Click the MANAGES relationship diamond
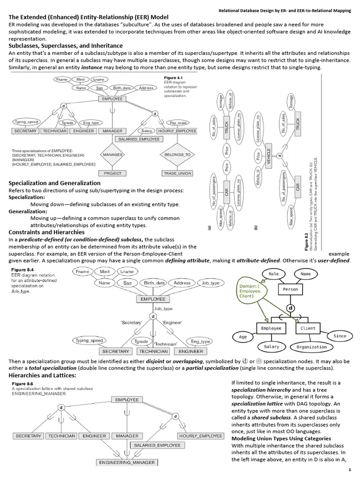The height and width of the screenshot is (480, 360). point(112,154)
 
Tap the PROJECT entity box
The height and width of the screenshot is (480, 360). point(112,173)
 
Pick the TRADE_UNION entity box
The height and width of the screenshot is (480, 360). point(178,173)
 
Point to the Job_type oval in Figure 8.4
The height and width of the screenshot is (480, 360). point(210,283)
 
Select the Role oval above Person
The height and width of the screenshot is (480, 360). point(273,273)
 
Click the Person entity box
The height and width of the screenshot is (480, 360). point(291,289)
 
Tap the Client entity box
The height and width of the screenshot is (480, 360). point(308,328)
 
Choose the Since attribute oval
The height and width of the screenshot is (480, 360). point(340,336)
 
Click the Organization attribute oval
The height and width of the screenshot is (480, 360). point(312,347)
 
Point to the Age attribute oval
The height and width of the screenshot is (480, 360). point(243,337)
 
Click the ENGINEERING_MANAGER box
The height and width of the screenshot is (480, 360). point(126,462)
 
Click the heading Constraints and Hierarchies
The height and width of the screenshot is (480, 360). point(47,232)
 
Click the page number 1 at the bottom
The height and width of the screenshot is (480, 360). point(349,470)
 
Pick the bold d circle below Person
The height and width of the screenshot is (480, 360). point(291,308)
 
